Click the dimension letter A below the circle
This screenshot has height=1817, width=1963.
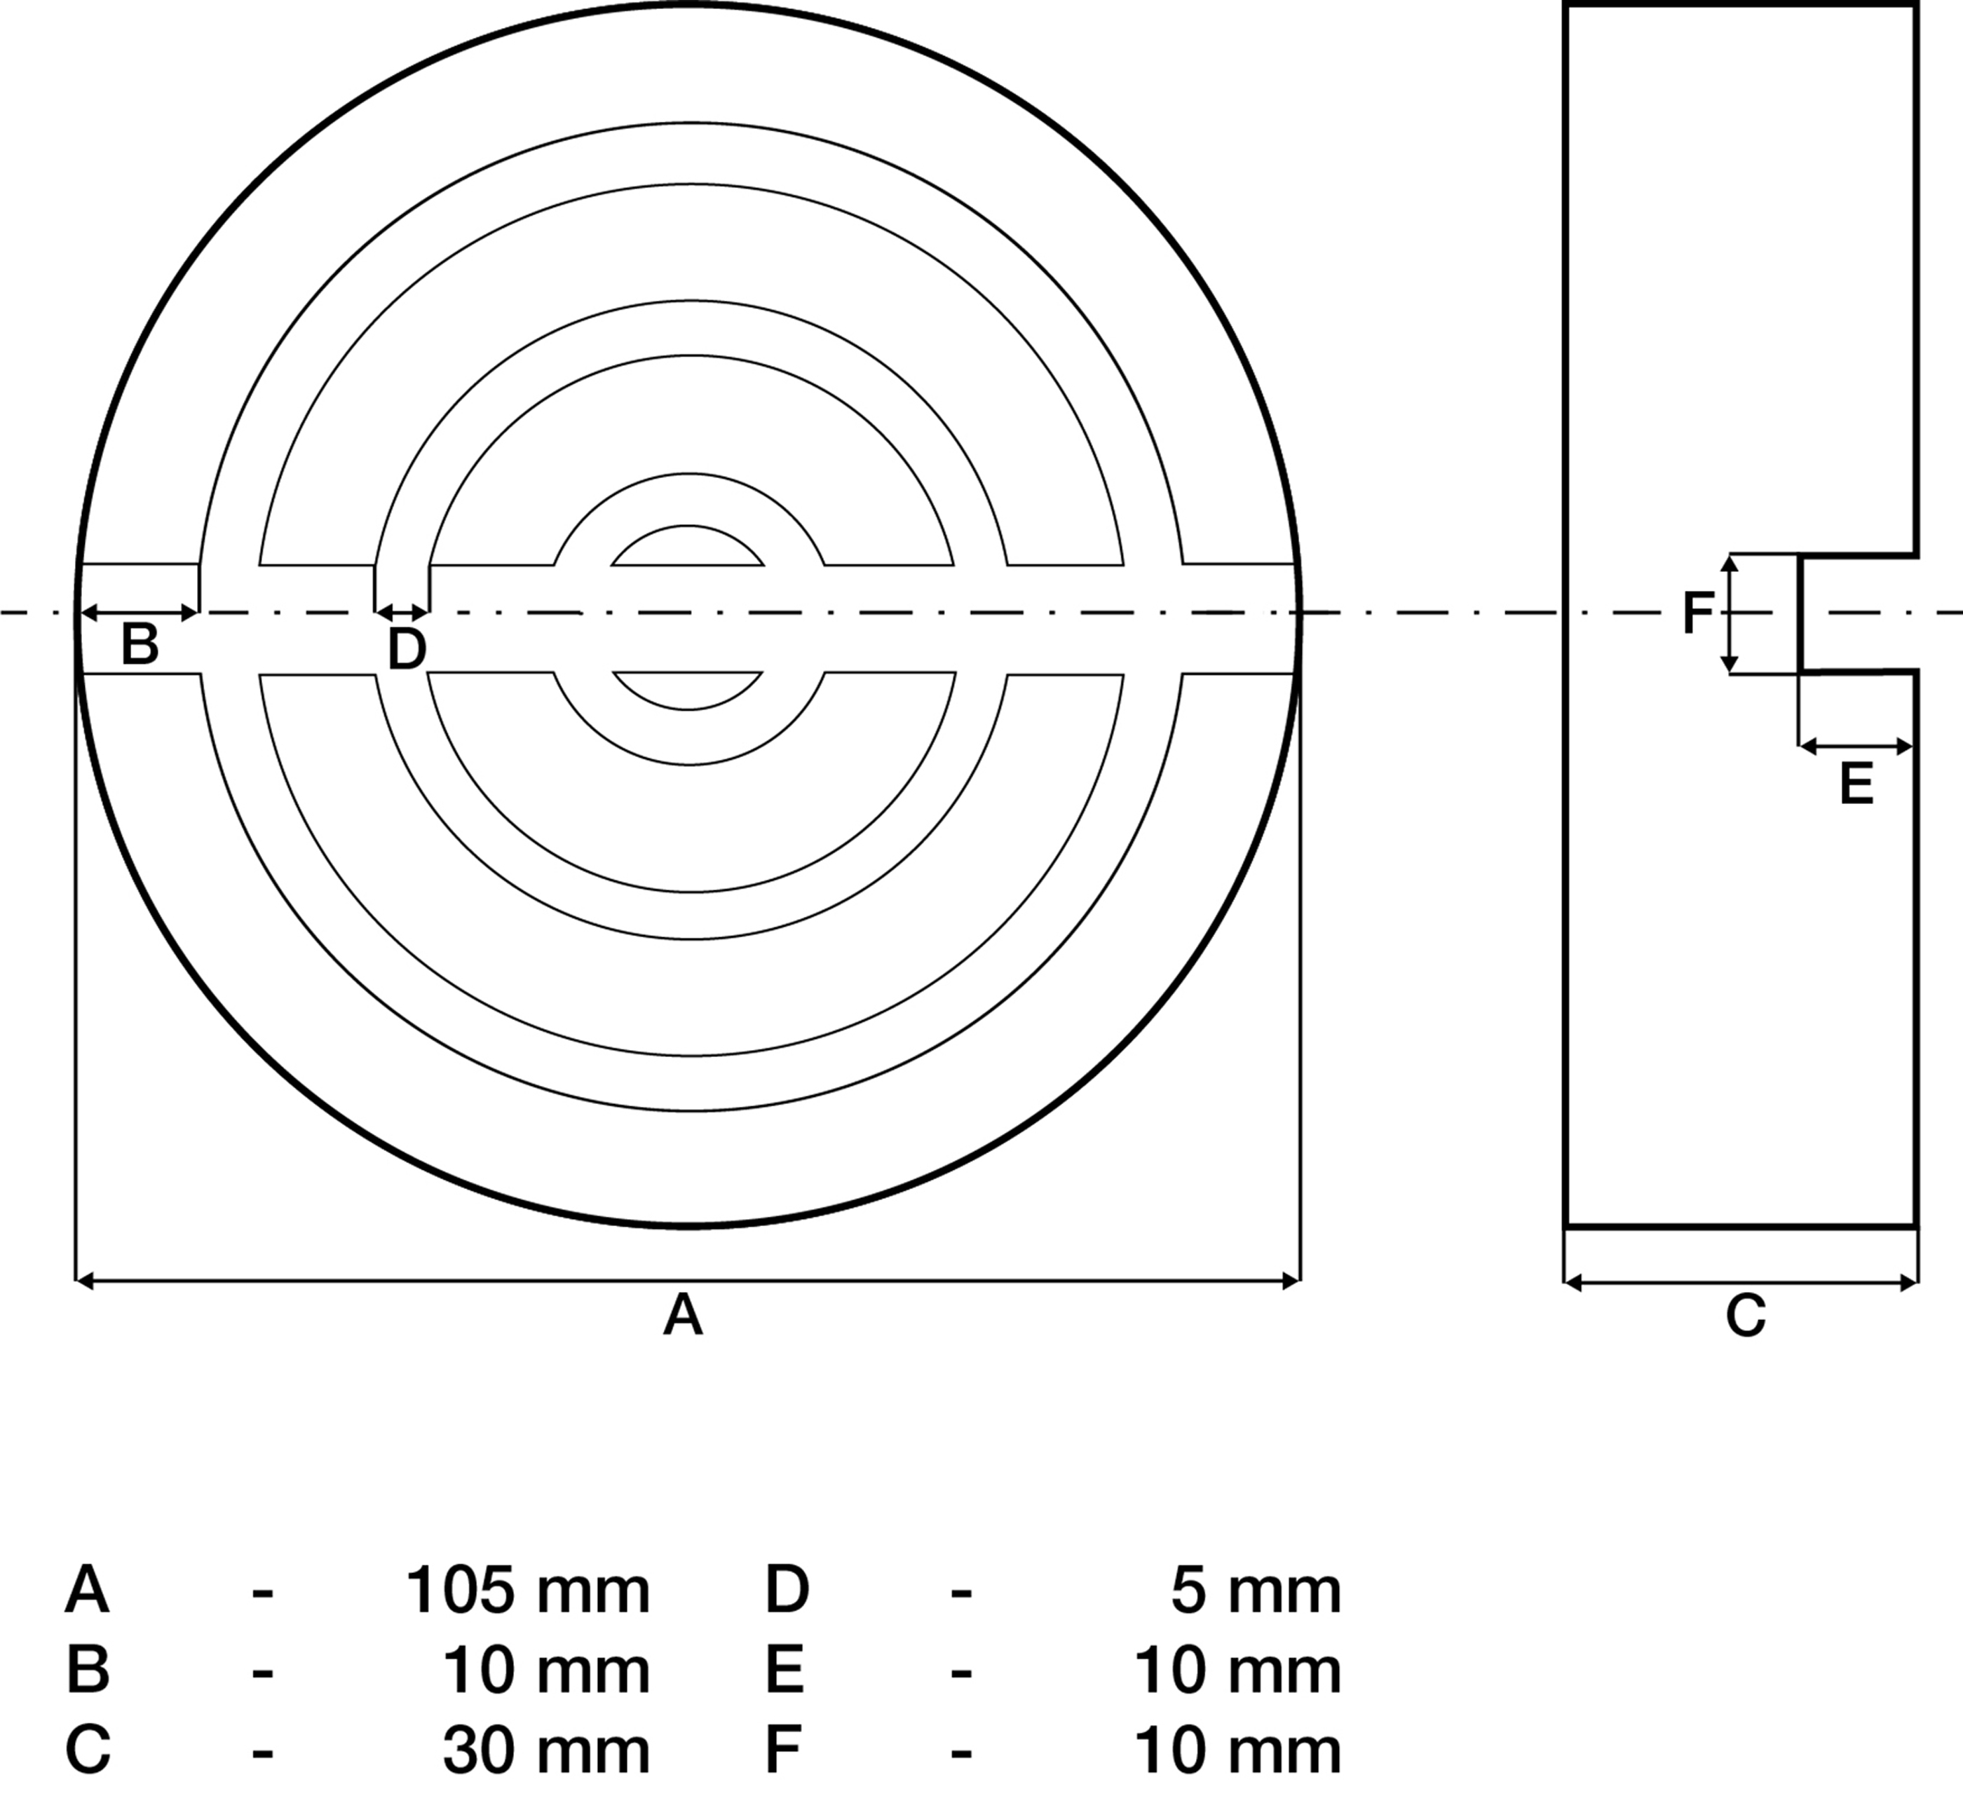pyautogui.click(x=683, y=1316)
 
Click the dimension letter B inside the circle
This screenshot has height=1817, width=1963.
pyautogui.click(x=139, y=645)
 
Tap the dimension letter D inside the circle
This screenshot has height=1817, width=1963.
pyautogui.click(x=406, y=650)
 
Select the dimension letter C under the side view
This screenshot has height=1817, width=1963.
pyautogui.click(x=1746, y=1316)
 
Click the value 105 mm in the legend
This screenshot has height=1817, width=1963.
pyautogui.click(x=527, y=1591)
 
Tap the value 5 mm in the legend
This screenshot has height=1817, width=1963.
pyautogui.click(x=1256, y=1591)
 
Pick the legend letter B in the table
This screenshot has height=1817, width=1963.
pyautogui.click(x=88, y=1670)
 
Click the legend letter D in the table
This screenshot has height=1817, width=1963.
pyautogui.click(x=787, y=1591)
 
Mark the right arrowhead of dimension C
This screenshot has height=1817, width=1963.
pyautogui.click(x=1911, y=1282)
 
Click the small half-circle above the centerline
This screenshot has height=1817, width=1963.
pyautogui.click(x=688, y=549)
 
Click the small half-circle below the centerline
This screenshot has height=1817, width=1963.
pyautogui.click(x=688, y=689)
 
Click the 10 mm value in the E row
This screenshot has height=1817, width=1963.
pyautogui.click(x=1237, y=1670)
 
